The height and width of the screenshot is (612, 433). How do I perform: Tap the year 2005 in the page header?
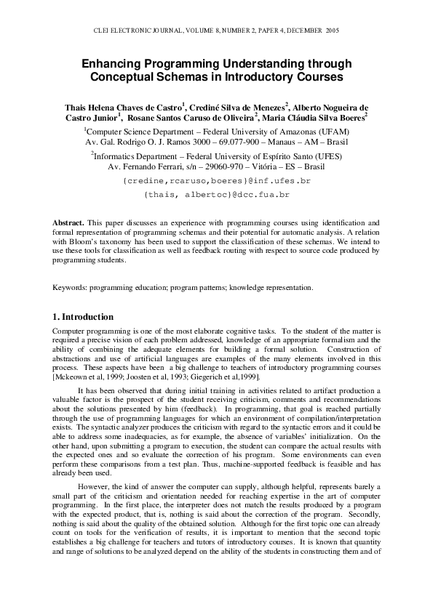pos(331,31)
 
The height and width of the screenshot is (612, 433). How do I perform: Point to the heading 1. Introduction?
pos(83,317)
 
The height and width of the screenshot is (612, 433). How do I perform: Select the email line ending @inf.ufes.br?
pos(217,180)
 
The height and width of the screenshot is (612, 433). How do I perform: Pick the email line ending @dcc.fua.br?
pos(217,195)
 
